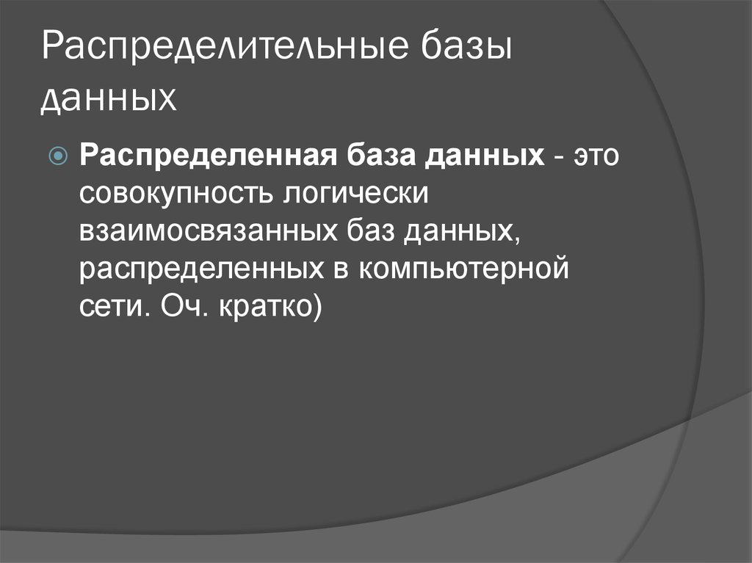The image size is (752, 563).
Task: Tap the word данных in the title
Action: point(109,98)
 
